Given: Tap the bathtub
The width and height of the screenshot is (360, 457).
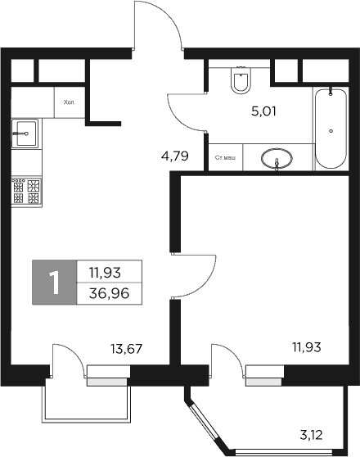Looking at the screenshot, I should [x=331, y=128].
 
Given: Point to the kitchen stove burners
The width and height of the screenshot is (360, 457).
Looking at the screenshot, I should [x=25, y=192].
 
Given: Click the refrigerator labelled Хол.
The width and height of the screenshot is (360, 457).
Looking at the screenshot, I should [x=69, y=103].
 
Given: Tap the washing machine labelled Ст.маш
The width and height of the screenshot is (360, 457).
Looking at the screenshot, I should [x=226, y=156].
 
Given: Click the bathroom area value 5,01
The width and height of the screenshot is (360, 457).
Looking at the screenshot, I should [x=263, y=111].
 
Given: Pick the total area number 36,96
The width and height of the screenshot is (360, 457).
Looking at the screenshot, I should [x=110, y=293].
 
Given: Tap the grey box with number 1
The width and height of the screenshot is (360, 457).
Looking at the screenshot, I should [x=54, y=283].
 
